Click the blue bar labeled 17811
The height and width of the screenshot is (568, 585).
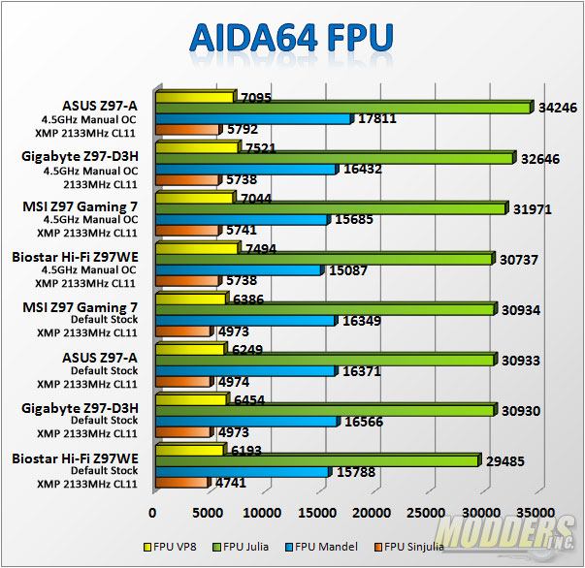pos(252,118)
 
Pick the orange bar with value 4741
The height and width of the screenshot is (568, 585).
pos(181,483)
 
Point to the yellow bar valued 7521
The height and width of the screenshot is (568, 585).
pos(196,147)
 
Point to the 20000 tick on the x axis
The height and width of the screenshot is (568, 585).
pos(369,511)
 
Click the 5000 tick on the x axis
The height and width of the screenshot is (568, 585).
pos(207,511)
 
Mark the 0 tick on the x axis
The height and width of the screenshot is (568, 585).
pos(153,511)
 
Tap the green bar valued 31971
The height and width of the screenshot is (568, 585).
pos(330,207)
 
